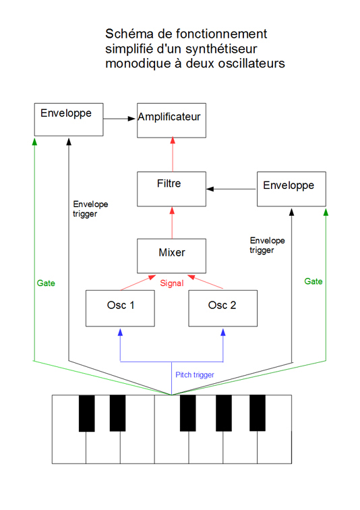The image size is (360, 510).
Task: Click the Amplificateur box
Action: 171,120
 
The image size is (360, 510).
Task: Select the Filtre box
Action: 171,189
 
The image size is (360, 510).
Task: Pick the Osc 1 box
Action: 120,308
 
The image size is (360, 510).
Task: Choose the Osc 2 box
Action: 222,308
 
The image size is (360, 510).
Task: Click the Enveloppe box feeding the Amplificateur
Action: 69,118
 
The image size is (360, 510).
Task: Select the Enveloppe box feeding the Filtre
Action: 291,189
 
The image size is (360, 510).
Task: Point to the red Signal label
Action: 171,283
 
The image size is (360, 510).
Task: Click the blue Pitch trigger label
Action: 195,374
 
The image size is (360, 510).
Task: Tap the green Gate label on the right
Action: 313,281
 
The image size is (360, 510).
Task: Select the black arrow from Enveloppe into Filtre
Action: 231,189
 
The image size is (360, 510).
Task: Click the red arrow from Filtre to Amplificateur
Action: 171,154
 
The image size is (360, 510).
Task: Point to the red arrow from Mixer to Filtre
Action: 171,222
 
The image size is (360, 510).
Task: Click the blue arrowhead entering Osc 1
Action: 120,332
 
